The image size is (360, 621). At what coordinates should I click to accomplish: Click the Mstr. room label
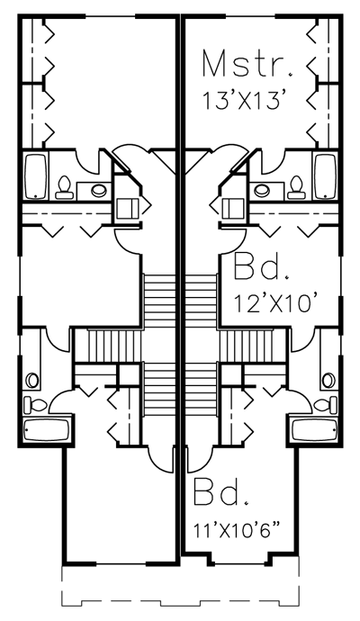[x=247, y=63]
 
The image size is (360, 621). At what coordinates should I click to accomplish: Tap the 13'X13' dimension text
[x=245, y=101]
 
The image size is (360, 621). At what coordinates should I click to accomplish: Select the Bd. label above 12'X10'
[x=260, y=267]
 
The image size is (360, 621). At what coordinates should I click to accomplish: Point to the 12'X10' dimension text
[x=275, y=304]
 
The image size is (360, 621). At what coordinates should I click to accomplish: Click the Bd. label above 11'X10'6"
[x=221, y=491]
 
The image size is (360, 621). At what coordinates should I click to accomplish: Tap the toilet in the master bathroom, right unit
[x=295, y=187]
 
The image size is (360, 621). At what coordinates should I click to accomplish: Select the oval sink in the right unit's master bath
[x=262, y=190]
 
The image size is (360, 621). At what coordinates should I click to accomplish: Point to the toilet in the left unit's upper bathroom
[x=64, y=187]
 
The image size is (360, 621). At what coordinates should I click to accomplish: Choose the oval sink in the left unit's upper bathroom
[x=99, y=190]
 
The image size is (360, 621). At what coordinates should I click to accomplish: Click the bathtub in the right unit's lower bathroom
[x=314, y=429]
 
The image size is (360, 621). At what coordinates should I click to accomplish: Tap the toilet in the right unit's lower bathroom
[x=326, y=405]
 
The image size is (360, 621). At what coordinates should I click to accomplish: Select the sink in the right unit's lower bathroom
[x=328, y=380]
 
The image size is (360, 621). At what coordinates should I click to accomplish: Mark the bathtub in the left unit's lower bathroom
[x=47, y=429]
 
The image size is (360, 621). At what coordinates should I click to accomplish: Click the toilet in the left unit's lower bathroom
[x=35, y=405]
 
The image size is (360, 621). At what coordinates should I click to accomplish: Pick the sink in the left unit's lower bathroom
[x=32, y=380]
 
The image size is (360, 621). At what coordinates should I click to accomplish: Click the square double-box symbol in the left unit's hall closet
[x=127, y=208]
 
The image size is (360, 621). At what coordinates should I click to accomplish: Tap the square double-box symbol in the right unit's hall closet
[x=233, y=208]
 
